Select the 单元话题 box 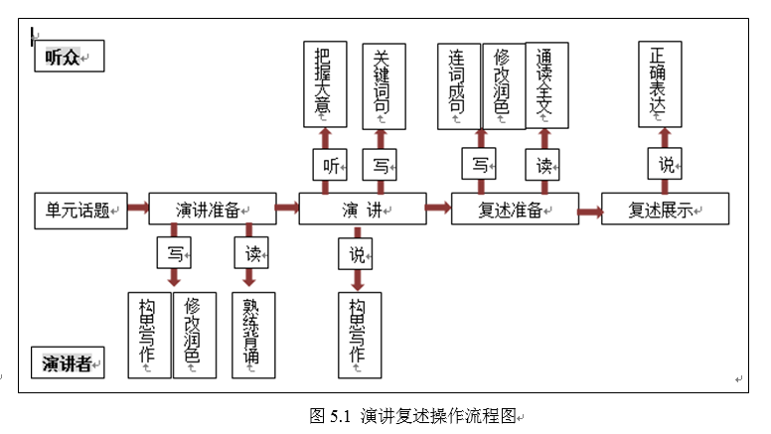coord(81,210)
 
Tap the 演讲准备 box coord(213,210)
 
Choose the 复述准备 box coord(515,210)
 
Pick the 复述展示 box coord(665,210)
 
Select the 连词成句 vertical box coord(459,85)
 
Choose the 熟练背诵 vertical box coord(252,335)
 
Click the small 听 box coord(329,165)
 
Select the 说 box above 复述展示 coord(666,165)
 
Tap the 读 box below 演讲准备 coord(251,252)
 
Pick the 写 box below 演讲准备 coord(174,252)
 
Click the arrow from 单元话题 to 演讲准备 coord(138,208)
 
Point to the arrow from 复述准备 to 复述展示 coord(590,211)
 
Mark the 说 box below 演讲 coord(356,253)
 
